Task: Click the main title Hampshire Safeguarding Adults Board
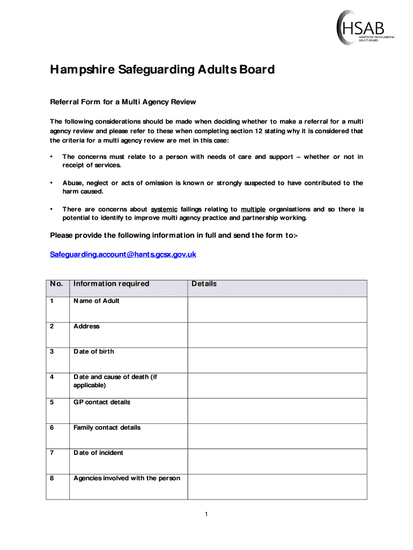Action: tap(162, 70)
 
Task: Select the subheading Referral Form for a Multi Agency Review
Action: tap(123, 102)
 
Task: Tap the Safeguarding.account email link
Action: tap(123, 254)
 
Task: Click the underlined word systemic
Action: tap(164, 209)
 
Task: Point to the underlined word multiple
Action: tap(253, 209)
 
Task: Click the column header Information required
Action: tap(111, 284)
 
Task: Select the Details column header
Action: tap(204, 284)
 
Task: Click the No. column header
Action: tap(57, 284)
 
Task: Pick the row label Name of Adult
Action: tap(97, 301)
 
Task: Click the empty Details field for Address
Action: tap(277, 335)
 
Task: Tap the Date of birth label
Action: tap(94, 351)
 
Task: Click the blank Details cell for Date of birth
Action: tap(277, 360)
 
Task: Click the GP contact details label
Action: tap(102, 402)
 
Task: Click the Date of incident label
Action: tap(98, 453)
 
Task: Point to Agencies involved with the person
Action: tap(127, 478)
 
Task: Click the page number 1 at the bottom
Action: tap(206, 515)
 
